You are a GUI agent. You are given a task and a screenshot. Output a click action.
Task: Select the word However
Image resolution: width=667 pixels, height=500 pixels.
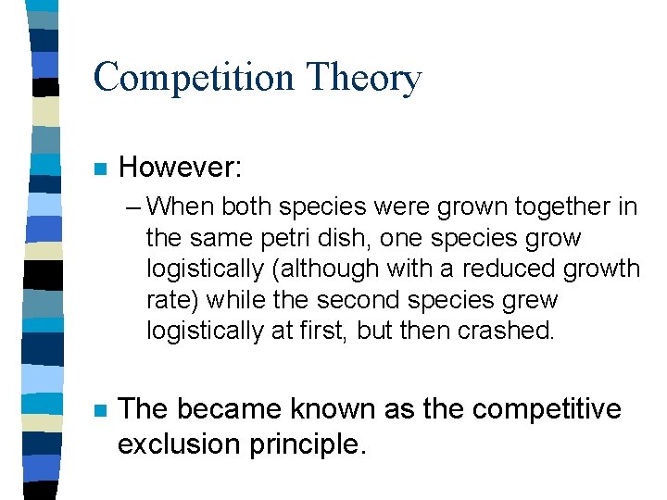(x=180, y=168)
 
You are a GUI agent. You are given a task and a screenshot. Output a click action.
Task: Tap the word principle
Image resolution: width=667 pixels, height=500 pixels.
(x=305, y=444)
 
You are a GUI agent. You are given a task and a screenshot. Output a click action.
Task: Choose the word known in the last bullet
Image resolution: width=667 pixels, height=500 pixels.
(x=333, y=409)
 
